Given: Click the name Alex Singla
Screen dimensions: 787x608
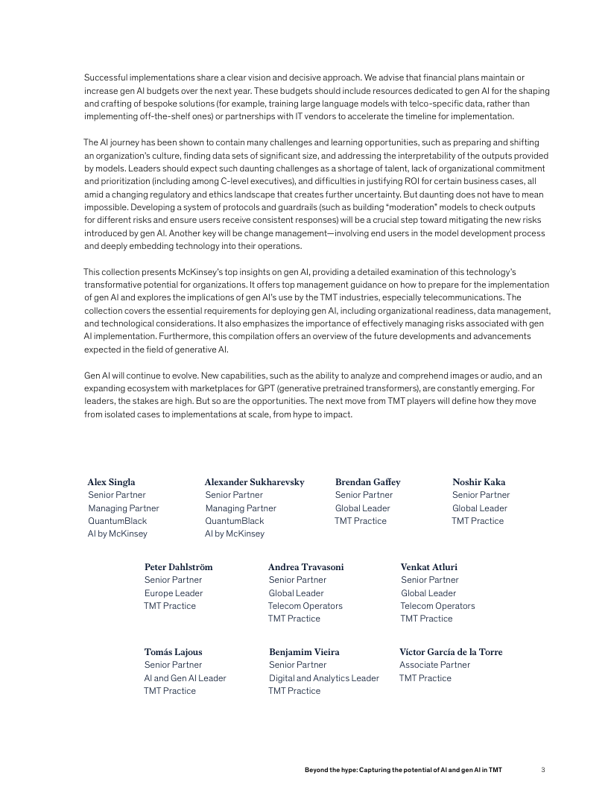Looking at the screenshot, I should (111, 482).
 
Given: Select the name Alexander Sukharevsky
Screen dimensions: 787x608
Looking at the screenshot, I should (254, 482).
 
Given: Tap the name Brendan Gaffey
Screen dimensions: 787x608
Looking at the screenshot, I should (367, 482).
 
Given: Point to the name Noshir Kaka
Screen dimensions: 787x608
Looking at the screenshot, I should (478, 482).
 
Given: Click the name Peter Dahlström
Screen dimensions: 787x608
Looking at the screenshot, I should (178, 567).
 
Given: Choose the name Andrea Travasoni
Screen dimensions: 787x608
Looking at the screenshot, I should (305, 567).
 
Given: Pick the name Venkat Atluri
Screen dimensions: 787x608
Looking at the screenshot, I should (428, 567).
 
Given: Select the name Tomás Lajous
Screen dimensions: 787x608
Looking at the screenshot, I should (173, 652).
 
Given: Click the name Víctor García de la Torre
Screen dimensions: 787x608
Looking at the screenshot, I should (451, 652).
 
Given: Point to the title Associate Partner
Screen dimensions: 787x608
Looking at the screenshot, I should (434, 665).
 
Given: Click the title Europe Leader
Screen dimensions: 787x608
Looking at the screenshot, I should (174, 593).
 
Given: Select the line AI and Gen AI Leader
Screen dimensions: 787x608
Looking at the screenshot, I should (185, 678).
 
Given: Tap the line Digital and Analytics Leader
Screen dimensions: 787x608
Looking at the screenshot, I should (323, 678).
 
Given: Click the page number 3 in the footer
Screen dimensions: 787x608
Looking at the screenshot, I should (544, 769).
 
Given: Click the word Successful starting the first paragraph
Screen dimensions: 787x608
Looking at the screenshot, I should (105, 78).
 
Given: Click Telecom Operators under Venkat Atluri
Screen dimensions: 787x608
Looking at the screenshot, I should (437, 606).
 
